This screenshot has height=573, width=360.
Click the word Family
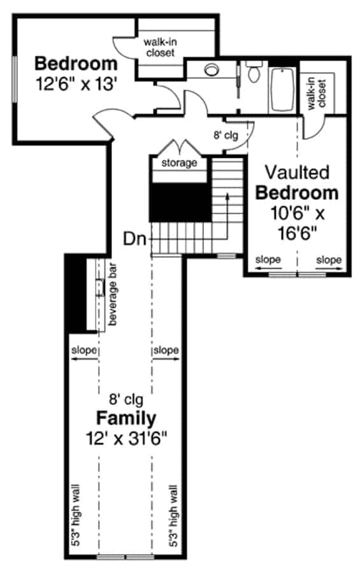point(126,418)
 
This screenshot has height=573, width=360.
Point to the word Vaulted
point(297,172)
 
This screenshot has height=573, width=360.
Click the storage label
point(179,163)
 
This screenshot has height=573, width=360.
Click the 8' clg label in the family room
point(126,400)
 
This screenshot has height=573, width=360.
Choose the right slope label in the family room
point(166,350)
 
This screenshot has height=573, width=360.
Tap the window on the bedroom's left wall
point(13,78)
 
